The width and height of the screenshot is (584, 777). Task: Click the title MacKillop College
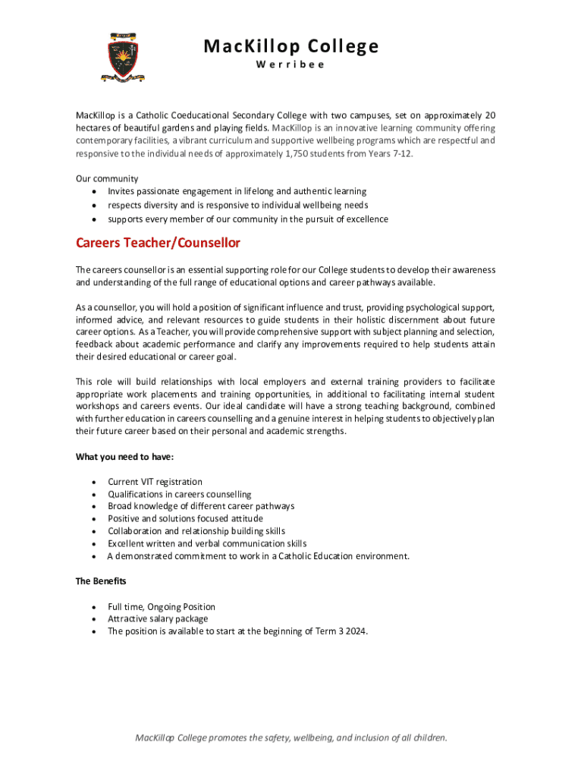[x=290, y=46]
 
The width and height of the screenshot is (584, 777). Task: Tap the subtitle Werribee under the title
[x=290, y=64]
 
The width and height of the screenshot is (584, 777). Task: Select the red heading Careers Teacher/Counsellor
[x=158, y=243]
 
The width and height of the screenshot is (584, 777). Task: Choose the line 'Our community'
[x=106, y=178]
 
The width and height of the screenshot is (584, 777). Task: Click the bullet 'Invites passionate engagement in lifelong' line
[x=237, y=192]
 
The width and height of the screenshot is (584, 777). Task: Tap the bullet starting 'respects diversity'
[x=237, y=206]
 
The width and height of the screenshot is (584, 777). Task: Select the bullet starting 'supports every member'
[x=247, y=219]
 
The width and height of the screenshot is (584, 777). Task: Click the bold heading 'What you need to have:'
[x=124, y=457]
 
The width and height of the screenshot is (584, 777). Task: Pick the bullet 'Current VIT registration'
[x=155, y=482]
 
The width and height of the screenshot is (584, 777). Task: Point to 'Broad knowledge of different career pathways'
[x=201, y=506]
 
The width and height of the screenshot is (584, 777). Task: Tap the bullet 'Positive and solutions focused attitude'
[x=185, y=519]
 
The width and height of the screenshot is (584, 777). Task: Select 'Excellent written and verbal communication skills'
[x=207, y=543]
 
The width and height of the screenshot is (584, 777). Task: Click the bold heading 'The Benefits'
[x=101, y=581]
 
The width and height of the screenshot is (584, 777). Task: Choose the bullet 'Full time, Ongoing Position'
[x=161, y=606]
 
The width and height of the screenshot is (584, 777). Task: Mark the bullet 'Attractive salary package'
[x=157, y=618]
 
